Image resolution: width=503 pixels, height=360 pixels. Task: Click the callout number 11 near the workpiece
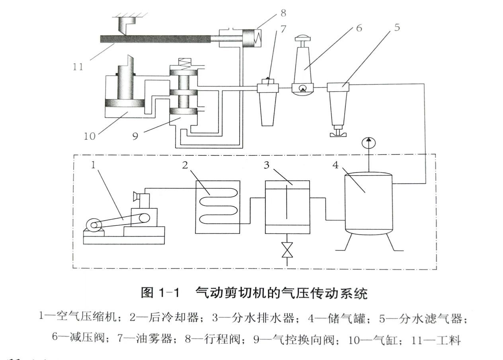pos(78,66)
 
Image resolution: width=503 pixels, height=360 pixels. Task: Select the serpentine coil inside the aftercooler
pos(218,206)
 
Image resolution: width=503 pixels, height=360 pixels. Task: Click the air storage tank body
pos(368,203)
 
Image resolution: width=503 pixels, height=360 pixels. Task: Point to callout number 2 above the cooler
pos(185,165)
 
